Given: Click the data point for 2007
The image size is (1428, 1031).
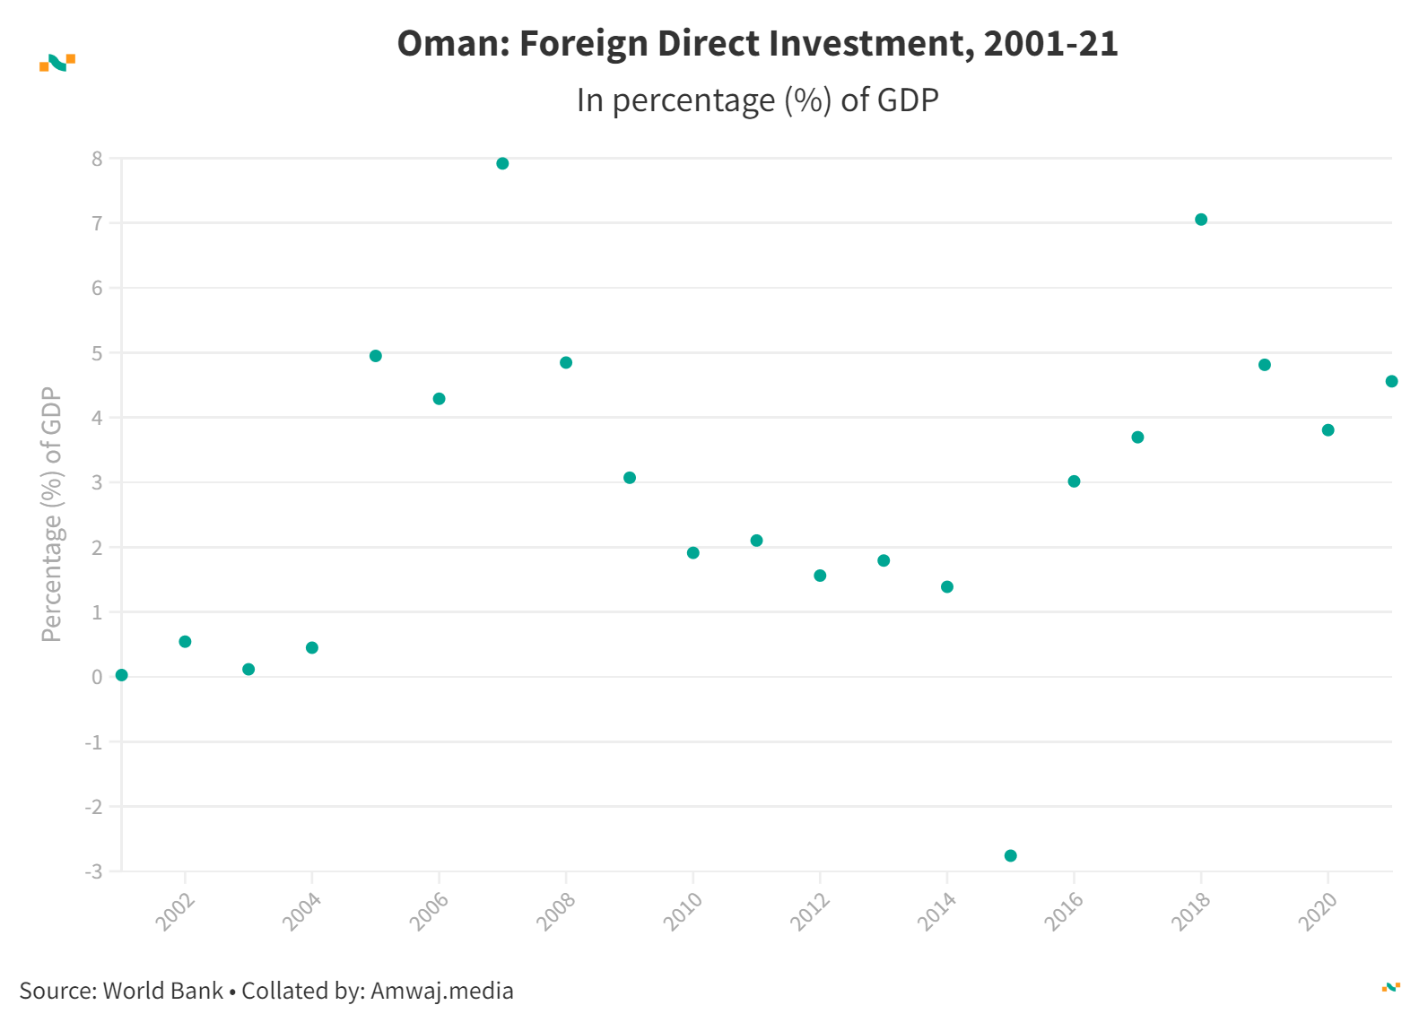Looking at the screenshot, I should tap(502, 163).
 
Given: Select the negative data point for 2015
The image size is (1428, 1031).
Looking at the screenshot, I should tap(1010, 855).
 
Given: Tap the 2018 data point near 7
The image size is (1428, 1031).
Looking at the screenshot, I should tap(1201, 220).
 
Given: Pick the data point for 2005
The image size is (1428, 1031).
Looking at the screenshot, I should tap(376, 356).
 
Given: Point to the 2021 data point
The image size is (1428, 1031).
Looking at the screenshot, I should tap(1391, 381).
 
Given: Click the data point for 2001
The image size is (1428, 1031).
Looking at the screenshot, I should tap(122, 675).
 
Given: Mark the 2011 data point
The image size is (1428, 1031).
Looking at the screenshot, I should tap(756, 541).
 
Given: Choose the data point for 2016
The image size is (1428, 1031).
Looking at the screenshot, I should tap(1074, 481).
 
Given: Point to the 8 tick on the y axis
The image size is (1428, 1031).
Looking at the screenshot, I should tap(97, 159).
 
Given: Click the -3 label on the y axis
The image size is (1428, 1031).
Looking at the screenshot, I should tap(93, 871).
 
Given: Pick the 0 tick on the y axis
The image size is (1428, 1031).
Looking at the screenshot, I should tap(97, 677).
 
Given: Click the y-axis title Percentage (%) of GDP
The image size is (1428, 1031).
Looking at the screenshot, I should tap(52, 514).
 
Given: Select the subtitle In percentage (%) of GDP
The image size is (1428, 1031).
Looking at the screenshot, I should tap(757, 100).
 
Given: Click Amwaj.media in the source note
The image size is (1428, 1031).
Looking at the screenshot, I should tap(441, 991).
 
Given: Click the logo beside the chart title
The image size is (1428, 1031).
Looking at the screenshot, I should tap(57, 63).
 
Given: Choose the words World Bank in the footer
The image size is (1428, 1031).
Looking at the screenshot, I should tap(162, 991).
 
